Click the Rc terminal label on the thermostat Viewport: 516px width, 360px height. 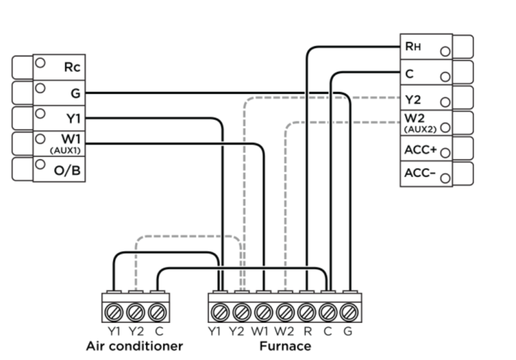point(73,67)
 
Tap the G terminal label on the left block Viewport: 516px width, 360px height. point(75,93)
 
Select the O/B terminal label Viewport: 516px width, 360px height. point(67,171)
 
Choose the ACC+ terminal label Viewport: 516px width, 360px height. point(421,150)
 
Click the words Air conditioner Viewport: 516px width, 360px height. point(134,347)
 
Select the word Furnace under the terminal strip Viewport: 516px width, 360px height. point(286,347)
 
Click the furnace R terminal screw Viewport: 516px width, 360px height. point(306,312)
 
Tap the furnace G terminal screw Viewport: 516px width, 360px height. point(348,312)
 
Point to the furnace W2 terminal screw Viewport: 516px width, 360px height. point(285,312)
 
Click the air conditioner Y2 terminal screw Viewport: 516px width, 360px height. point(135,312)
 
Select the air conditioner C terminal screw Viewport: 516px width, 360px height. point(157,312)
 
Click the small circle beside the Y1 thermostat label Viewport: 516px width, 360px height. point(40,114)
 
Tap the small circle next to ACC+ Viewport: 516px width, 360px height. point(445,152)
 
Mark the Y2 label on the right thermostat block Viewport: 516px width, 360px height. point(413,99)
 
